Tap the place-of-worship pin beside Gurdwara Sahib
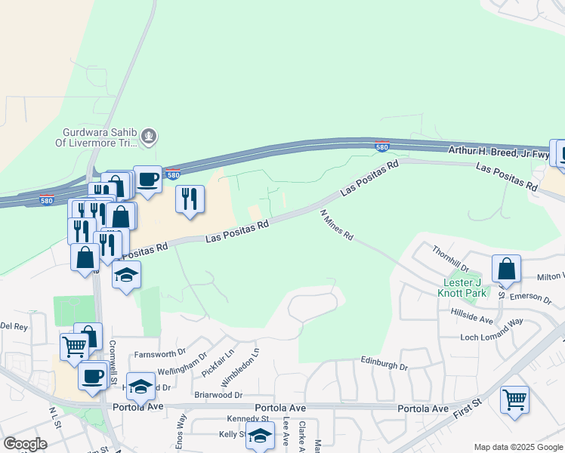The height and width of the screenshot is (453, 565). click(150, 136)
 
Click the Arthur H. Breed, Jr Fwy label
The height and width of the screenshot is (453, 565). click(498, 152)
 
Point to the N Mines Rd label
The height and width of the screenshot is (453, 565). click(337, 225)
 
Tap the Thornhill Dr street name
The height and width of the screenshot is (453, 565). click(451, 258)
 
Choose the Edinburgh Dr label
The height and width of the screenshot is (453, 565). click(384, 366)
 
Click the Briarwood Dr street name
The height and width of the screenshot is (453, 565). click(217, 394)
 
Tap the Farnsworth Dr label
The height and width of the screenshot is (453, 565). click(159, 353)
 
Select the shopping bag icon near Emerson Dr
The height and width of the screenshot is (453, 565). click(506, 268)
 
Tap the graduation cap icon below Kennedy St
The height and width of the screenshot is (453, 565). click(260, 436)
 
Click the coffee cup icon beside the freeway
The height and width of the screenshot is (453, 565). click(148, 179)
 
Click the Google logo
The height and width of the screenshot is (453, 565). click(25, 444)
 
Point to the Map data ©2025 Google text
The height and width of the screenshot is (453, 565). click(517, 447)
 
